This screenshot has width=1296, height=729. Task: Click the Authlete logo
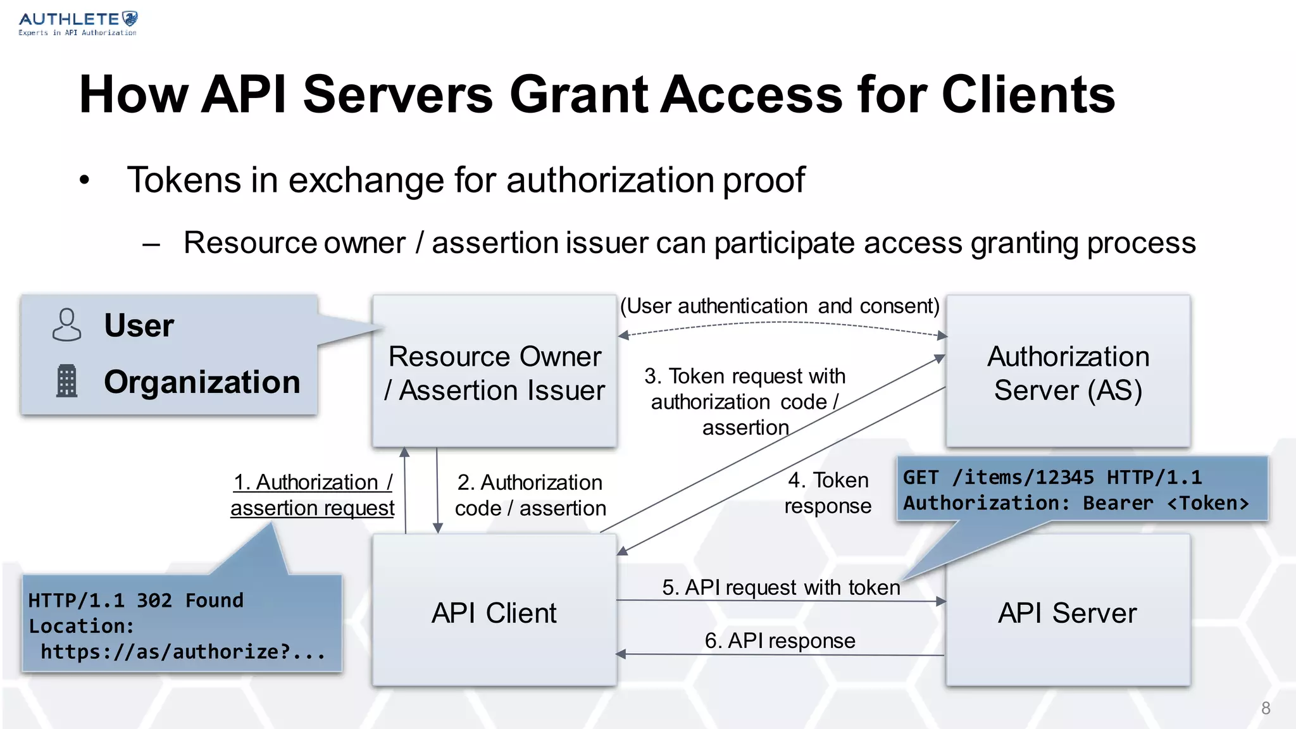point(77,23)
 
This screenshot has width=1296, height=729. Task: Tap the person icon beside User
point(66,325)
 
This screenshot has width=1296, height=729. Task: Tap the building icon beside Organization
point(66,381)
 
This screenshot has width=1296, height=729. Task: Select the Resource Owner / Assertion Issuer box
point(494,372)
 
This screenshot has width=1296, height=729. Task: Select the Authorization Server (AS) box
point(1068,372)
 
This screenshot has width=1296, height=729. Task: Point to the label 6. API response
point(780,640)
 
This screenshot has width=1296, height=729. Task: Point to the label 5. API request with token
point(780,587)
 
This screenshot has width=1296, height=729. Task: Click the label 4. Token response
point(828,493)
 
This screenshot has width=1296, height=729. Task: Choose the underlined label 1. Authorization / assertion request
point(313,495)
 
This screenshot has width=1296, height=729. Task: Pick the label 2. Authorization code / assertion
point(530,495)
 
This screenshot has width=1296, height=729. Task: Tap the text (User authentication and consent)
point(780,306)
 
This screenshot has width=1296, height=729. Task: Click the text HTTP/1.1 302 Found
point(135,600)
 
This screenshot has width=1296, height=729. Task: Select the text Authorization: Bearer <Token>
point(1075,503)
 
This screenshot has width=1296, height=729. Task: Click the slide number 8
point(1265,708)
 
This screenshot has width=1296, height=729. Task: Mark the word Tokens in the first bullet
point(184,180)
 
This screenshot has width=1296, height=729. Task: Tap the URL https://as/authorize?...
point(182,652)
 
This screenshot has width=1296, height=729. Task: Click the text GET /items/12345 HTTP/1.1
point(1052,477)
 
